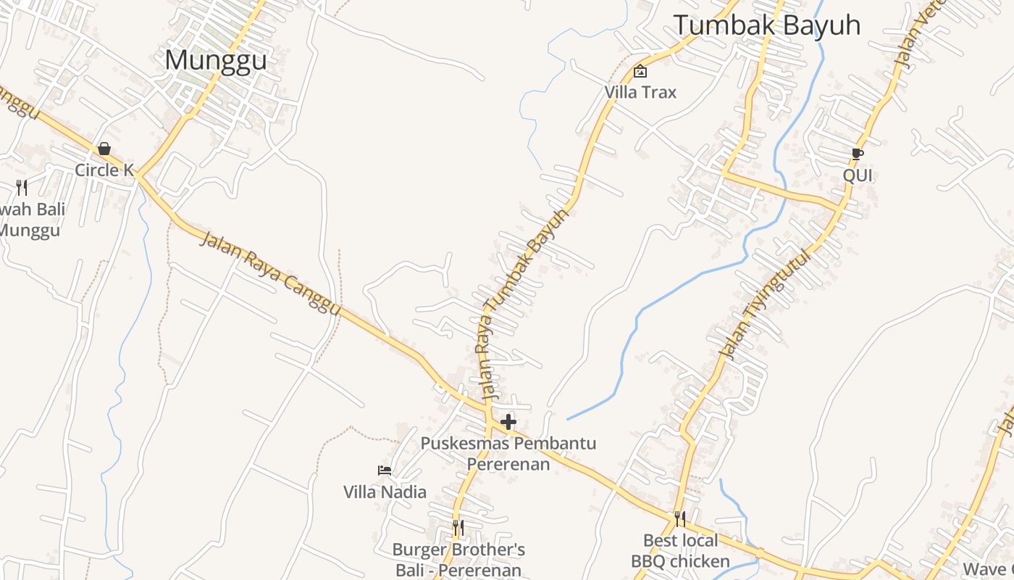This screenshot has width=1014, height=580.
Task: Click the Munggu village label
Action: click(x=216, y=60)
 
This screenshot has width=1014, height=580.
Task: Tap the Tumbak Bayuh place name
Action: click(x=767, y=25)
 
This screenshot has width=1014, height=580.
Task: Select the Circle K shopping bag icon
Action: click(x=104, y=149)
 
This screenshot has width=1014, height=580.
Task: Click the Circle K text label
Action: click(x=105, y=170)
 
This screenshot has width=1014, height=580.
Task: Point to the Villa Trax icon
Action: click(x=640, y=71)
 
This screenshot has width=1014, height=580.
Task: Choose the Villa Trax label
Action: click(x=640, y=92)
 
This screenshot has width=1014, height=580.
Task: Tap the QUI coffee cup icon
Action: click(x=858, y=154)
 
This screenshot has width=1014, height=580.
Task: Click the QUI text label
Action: click(x=858, y=175)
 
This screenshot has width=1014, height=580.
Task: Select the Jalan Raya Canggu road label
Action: click(x=269, y=273)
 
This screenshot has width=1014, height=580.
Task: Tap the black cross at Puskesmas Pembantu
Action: click(x=508, y=422)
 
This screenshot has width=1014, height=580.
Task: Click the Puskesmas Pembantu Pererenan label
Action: click(x=508, y=453)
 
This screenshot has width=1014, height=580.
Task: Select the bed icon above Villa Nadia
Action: click(x=385, y=471)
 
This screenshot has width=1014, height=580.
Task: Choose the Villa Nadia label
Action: click(x=385, y=492)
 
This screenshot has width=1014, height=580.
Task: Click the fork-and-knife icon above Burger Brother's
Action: click(x=458, y=527)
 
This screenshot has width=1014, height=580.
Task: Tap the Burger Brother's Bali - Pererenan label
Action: click(x=458, y=560)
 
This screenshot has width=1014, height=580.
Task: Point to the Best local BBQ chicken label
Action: click(x=680, y=551)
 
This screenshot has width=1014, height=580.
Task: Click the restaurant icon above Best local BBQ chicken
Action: click(x=679, y=518)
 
